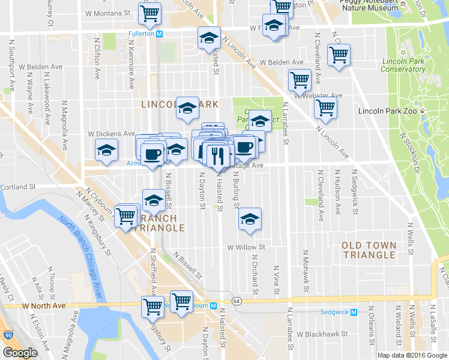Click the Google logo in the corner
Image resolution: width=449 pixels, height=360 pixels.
coord(19,353)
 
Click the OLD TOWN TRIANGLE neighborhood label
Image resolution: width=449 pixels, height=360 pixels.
coord(369,250)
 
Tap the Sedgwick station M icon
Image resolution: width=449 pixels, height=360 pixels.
coord(354,312)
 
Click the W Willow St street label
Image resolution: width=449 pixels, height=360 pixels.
coord(246,247)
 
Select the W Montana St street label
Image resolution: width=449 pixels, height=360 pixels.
coord(107,13)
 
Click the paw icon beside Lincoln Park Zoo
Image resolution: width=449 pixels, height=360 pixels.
coord(423,111)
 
